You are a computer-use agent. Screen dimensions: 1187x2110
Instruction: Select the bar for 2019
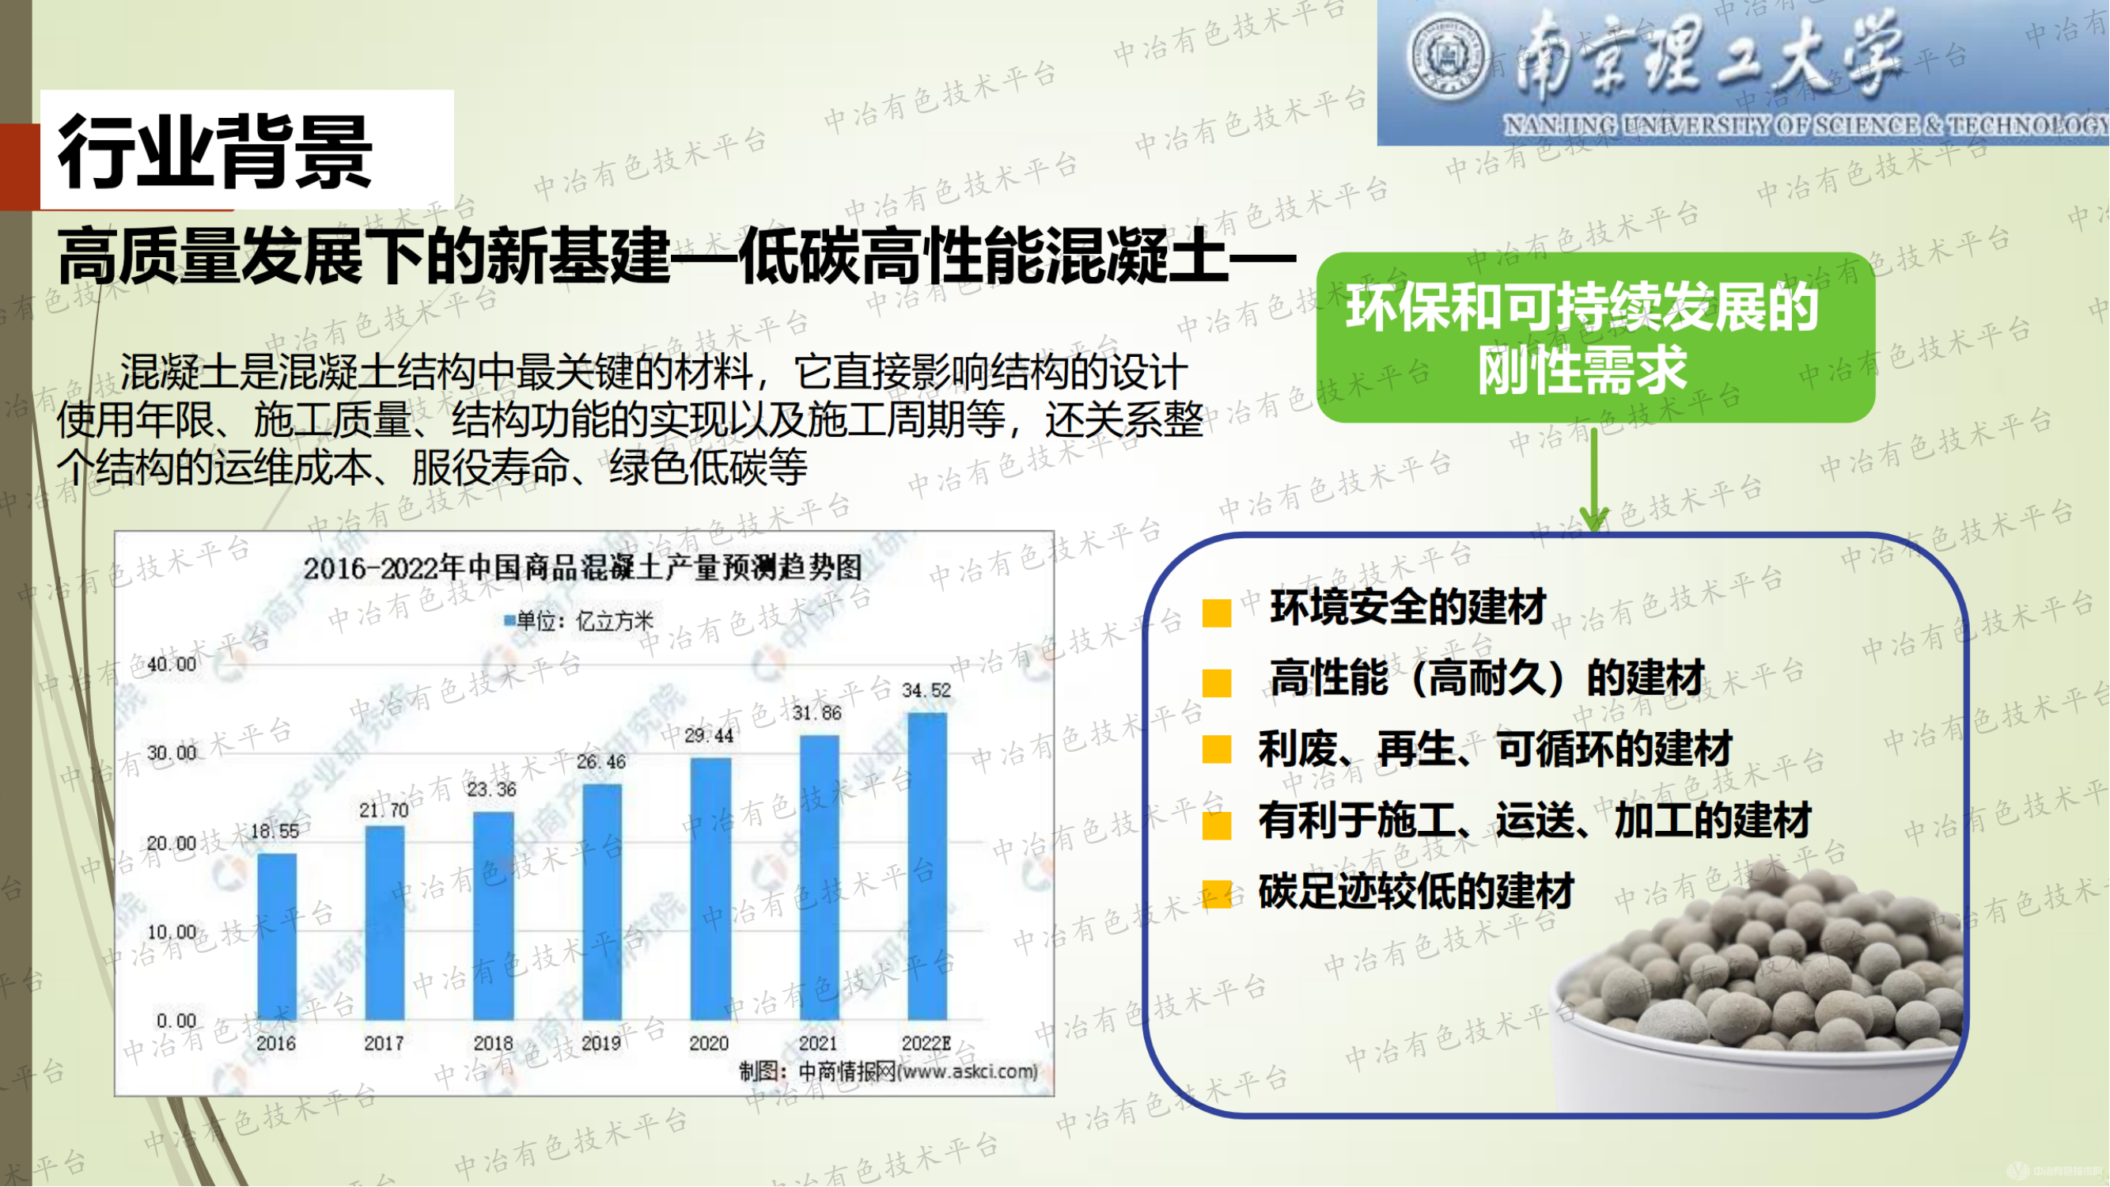pos(602,902)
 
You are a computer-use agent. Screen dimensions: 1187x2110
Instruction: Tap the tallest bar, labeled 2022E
pos(927,867)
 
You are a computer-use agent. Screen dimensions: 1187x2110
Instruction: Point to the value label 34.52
pos(926,691)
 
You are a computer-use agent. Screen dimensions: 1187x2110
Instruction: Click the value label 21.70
pos(384,810)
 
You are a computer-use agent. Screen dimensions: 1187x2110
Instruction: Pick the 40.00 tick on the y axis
pos(171,665)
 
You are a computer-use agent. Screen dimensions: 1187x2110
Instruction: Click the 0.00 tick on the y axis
pos(176,1021)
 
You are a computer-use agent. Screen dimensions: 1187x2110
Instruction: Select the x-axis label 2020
pos(709,1044)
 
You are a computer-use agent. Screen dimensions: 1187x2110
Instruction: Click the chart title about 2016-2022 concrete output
pos(582,567)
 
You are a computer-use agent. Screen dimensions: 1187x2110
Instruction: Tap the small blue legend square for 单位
pos(510,620)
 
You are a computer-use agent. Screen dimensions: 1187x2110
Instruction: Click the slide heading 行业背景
pos(216,153)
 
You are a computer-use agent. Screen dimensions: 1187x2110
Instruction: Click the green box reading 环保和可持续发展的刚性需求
pos(1594,338)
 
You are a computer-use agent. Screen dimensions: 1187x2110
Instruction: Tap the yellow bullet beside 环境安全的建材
pos(1216,612)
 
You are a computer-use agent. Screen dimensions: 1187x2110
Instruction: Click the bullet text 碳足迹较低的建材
pos(1415,891)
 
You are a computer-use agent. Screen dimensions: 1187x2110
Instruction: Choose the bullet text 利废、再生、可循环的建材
pos(1494,749)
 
